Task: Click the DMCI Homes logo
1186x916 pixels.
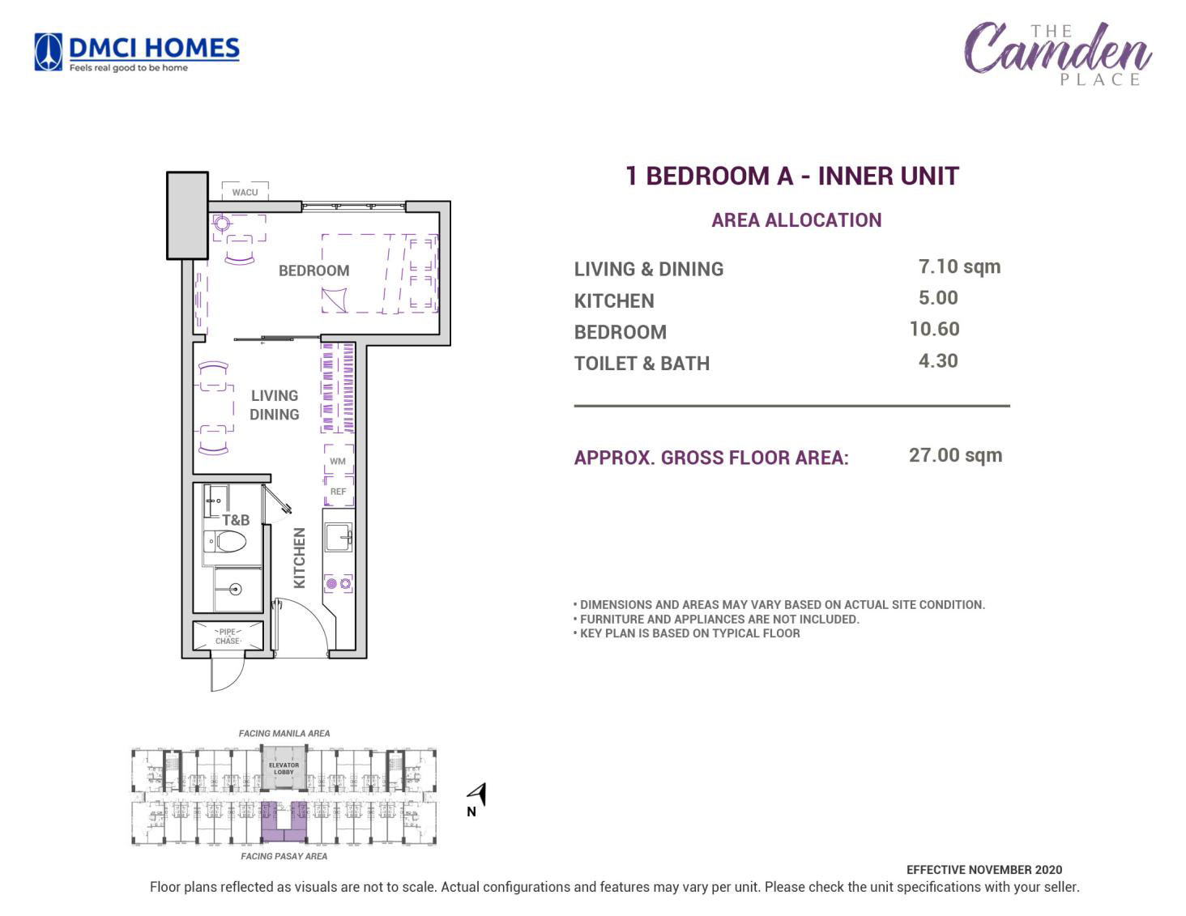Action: click(x=136, y=53)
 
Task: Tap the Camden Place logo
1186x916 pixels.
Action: click(x=1057, y=53)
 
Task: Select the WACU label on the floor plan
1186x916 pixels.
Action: click(x=245, y=192)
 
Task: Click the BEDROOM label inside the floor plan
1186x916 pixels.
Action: click(x=314, y=271)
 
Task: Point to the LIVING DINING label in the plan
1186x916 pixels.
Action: click(x=274, y=405)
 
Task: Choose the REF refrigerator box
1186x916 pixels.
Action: click(x=339, y=491)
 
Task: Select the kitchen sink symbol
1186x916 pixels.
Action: click(x=339, y=539)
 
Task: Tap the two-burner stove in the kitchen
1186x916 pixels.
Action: click(x=339, y=584)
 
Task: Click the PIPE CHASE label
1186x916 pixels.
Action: click(x=228, y=636)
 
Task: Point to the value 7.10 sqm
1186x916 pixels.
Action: click(x=959, y=266)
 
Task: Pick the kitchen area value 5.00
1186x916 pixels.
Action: click(x=938, y=298)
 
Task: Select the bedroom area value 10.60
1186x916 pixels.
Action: click(x=934, y=329)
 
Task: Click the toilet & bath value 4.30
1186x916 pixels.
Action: click(x=938, y=360)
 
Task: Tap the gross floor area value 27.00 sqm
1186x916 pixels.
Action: click(x=956, y=455)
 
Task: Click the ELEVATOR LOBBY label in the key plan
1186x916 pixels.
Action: click(x=284, y=768)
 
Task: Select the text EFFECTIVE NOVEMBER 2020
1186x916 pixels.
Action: click(x=984, y=870)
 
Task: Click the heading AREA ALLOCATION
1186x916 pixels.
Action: click(x=796, y=219)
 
